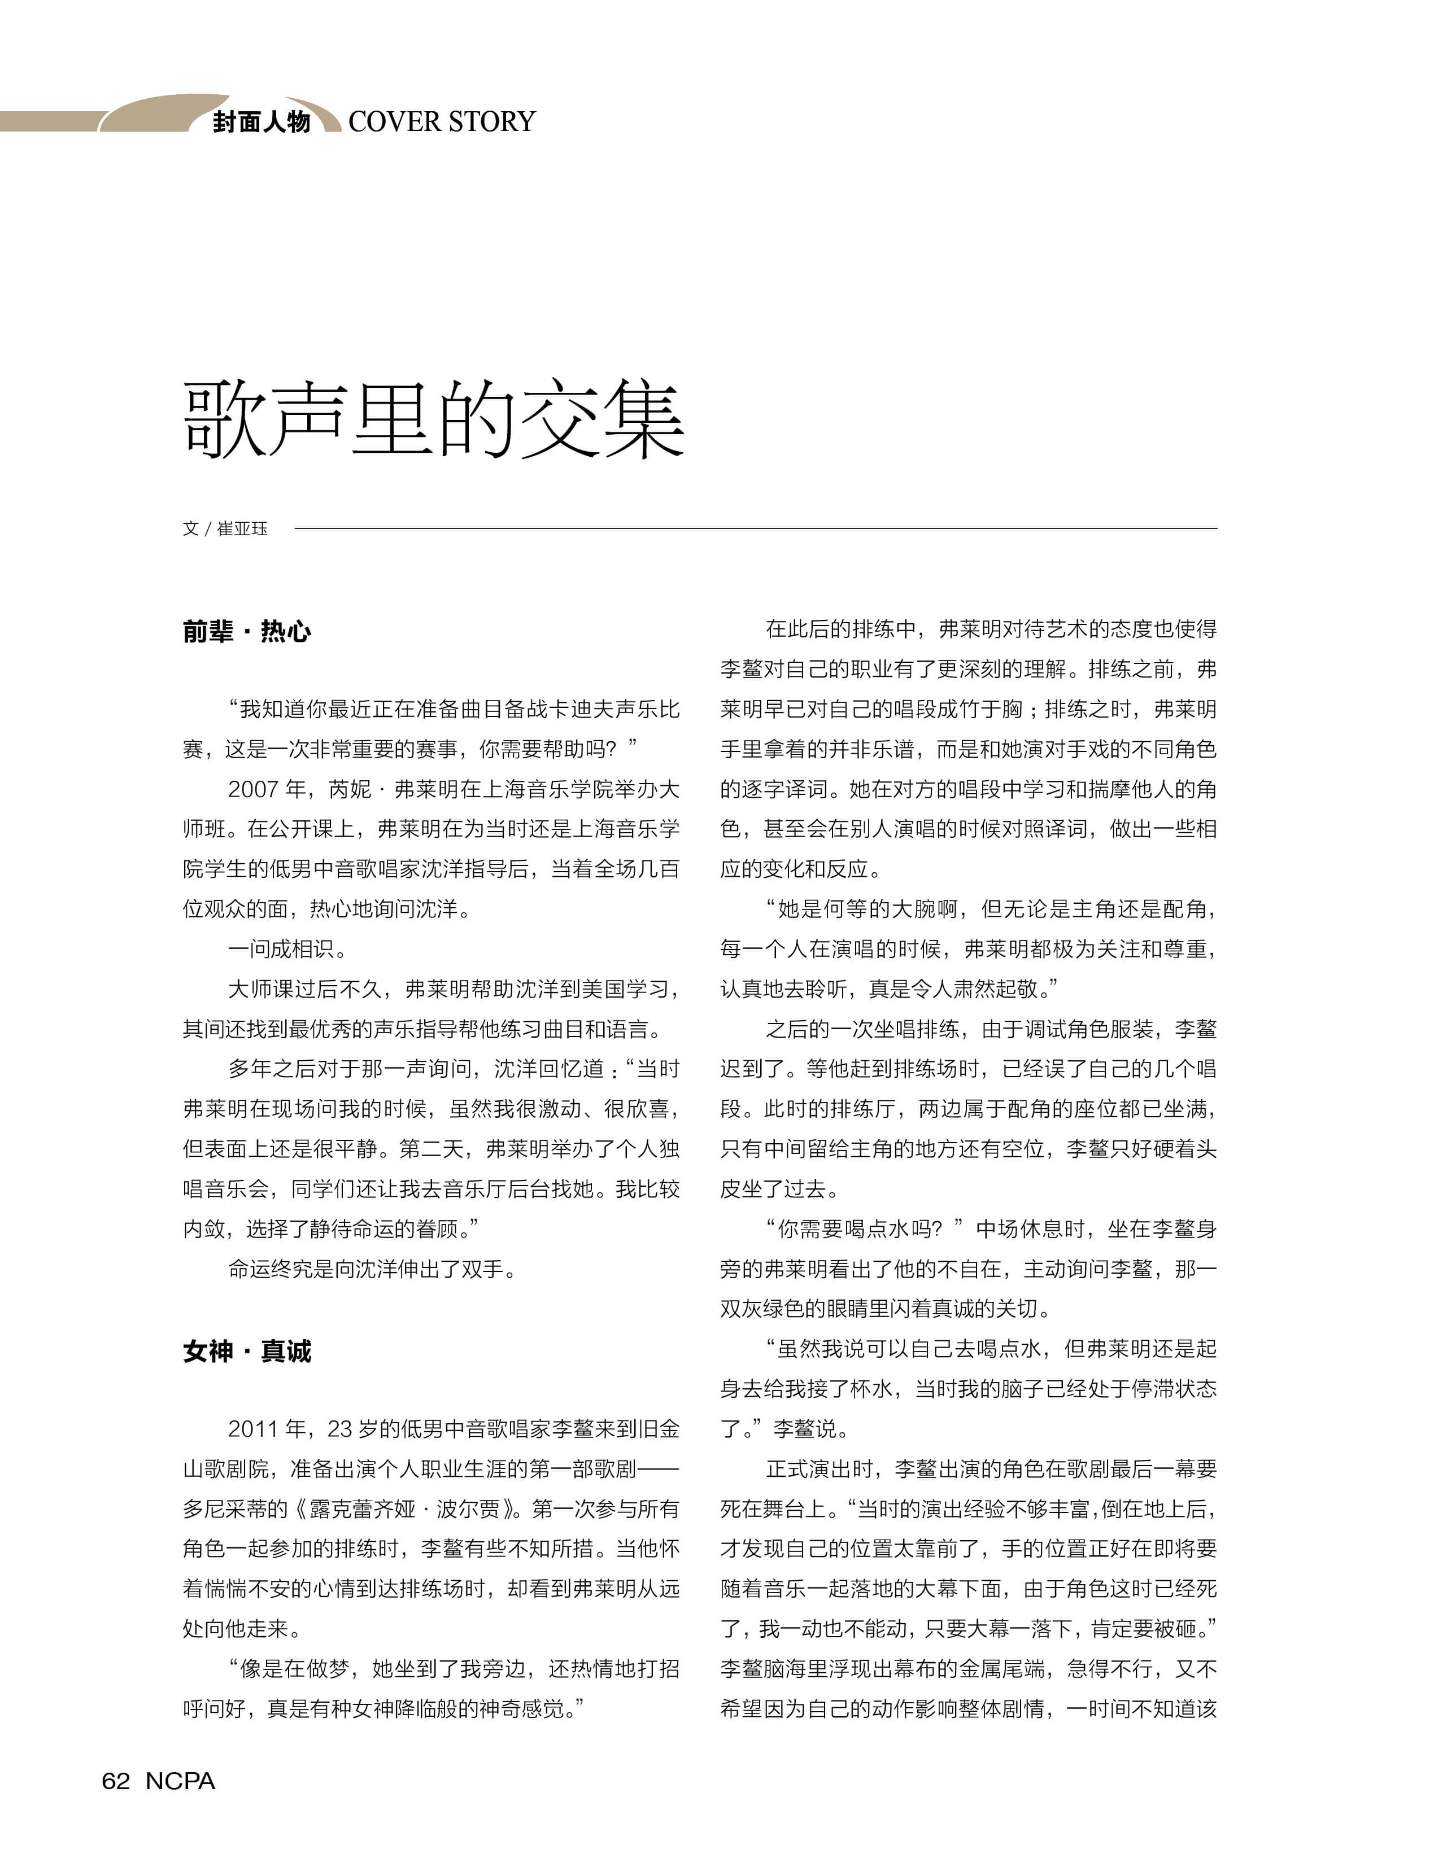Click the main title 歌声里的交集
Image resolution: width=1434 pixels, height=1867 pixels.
click(434, 420)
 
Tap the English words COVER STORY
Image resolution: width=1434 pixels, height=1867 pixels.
click(441, 122)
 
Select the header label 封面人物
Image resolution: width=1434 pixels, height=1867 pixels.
click(261, 122)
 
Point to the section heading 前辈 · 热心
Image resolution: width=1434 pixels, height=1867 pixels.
click(247, 631)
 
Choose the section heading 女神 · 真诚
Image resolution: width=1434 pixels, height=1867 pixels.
click(247, 1352)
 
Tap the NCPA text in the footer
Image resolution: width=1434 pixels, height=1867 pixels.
click(180, 1781)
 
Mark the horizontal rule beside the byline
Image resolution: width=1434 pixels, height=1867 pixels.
click(756, 529)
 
